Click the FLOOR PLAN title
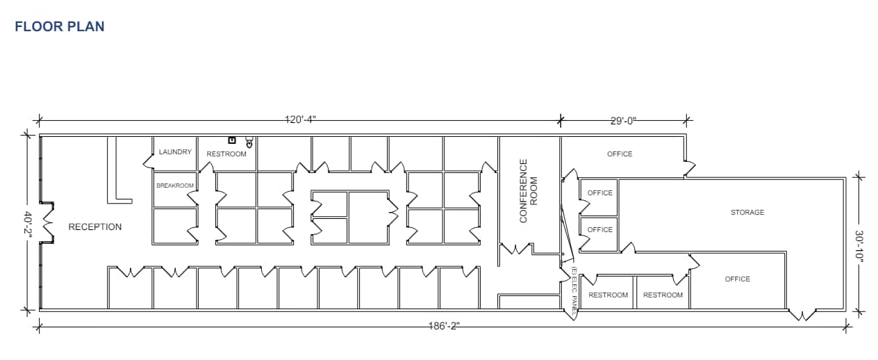pyautogui.click(x=59, y=26)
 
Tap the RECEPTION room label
pyautogui.click(x=94, y=227)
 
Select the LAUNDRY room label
pyautogui.click(x=175, y=152)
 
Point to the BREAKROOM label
pyautogui.click(x=175, y=186)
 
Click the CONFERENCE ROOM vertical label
pyautogui.click(x=529, y=190)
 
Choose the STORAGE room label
pyautogui.click(x=747, y=212)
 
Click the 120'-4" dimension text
pyautogui.click(x=300, y=120)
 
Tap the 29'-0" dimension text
pyautogui.click(x=623, y=120)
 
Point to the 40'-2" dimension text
pyautogui.click(x=28, y=222)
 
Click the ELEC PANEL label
pyautogui.click(x=574, y=288)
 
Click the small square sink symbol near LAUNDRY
pyautogui.click(x=232, y=140)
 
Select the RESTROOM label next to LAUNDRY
pyautogui.click(x=226, y=154)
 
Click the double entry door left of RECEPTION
pyautogui.click(x=48, y=222)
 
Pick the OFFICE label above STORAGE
pyautogui.click(x=620, y=154)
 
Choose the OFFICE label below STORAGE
pyautogui.click(x=737, y=279)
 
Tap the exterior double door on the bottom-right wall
pyautogui.click(x=802, y=315)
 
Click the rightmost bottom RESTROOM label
pyautogui.click(x=663, y=295)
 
